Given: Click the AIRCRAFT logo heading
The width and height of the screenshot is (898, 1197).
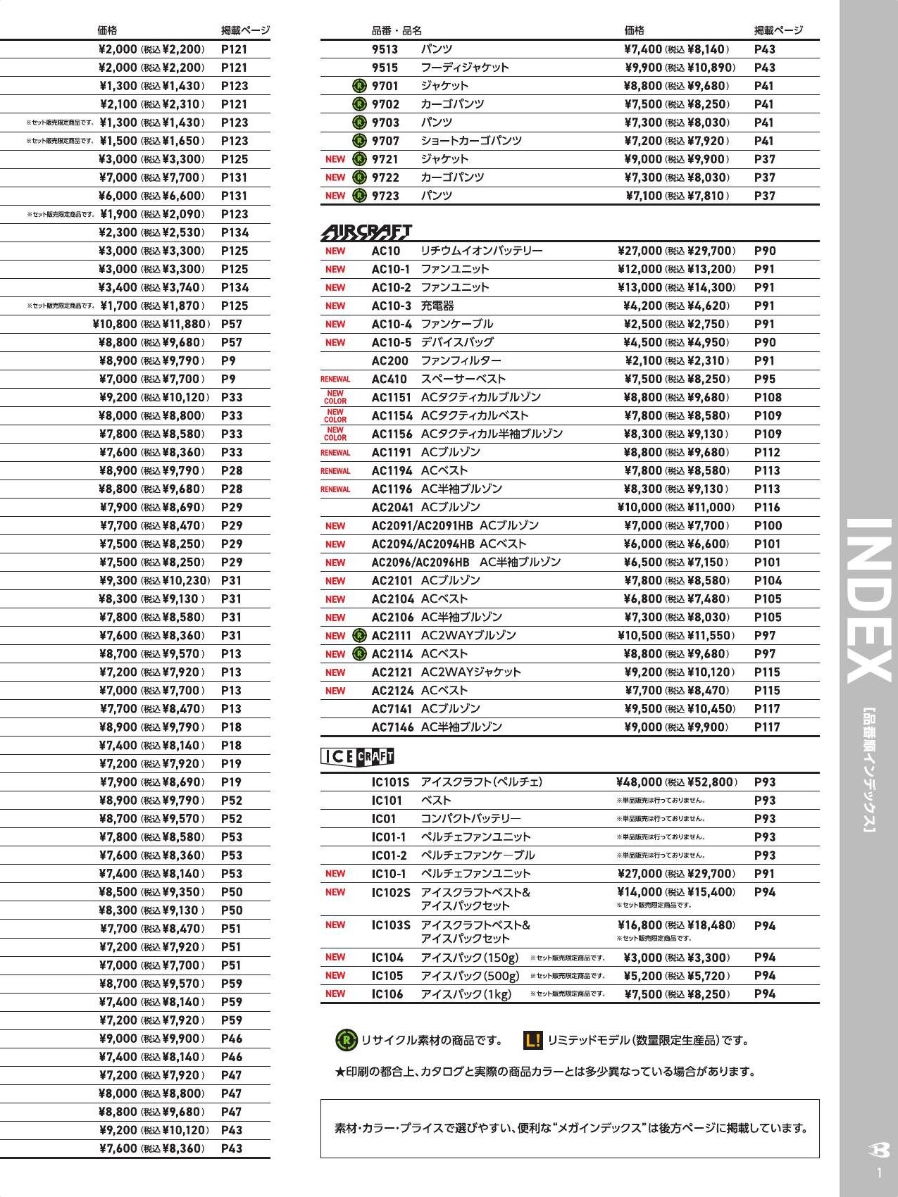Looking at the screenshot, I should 366,232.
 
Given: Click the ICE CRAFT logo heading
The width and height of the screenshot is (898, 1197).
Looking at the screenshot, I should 357,756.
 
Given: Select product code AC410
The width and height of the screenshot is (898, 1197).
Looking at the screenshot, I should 389,379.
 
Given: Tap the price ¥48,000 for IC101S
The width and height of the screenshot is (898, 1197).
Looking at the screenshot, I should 639,782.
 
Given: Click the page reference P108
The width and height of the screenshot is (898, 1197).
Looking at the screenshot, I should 768,397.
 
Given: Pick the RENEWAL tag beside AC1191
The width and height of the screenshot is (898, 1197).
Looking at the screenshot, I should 335,453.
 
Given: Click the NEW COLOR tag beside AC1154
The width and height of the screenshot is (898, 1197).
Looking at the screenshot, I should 335,415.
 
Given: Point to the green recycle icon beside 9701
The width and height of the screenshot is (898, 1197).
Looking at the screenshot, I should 359,86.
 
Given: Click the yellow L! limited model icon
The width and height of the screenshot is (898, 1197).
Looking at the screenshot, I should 533,1040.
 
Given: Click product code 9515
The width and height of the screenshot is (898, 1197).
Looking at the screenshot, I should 385,68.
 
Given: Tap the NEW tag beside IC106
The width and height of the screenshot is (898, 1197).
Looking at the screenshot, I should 335,994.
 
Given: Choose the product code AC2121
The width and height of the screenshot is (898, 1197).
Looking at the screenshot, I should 392,672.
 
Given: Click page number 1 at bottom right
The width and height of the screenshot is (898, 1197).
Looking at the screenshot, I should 879,1173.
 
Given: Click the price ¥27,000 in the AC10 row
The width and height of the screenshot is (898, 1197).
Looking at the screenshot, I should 640,251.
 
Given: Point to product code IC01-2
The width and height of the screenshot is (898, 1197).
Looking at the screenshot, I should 389,856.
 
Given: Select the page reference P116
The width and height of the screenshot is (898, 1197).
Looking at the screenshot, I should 768,507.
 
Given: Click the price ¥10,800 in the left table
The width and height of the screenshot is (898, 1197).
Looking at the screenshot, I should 115,324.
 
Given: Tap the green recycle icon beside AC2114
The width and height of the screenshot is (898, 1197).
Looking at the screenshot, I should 359,653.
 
